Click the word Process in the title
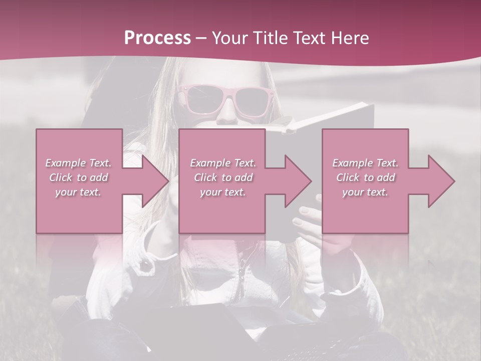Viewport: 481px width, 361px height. coord(157,38)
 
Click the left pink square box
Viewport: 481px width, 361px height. coord(79,145)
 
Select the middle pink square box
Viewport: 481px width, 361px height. coord(222,145)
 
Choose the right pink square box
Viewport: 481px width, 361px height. coord(365,145)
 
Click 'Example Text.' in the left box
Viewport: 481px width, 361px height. coord(79,163)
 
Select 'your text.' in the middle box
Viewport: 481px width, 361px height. coord(222,192)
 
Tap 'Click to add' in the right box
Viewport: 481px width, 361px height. coord(365,177)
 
